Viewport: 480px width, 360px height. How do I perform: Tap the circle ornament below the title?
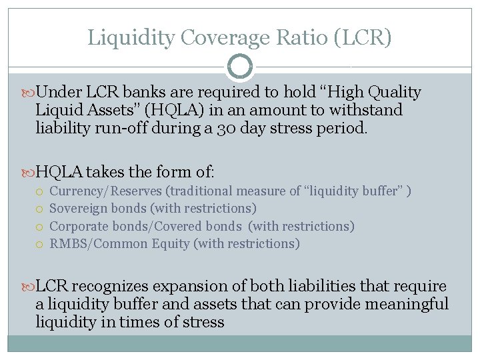240,66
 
